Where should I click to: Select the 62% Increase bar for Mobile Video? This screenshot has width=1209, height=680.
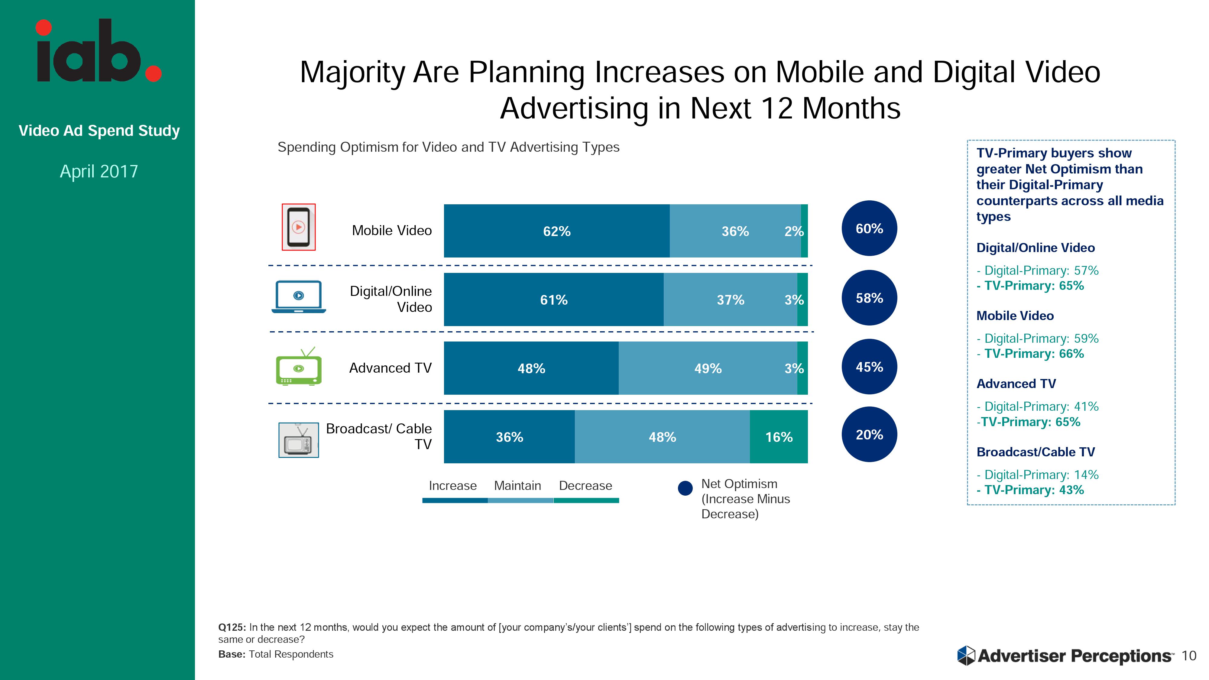click(x=557, y=231)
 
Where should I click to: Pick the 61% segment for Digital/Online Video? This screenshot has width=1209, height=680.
click(x=554, y=300)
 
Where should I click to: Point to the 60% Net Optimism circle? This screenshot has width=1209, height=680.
click(x=869, y=228)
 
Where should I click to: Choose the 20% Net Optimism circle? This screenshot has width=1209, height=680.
click(x=869, y=435)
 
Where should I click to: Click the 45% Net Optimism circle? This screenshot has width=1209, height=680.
click(x=869, y=367)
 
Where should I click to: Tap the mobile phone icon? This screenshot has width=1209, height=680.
click(x=299, y=227)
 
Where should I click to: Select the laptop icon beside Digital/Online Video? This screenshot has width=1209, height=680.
click(x=299, y=296)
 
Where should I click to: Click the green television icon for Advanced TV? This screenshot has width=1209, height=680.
click(x=299, y=367)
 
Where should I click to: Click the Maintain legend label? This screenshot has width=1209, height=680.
click(x=517, y=486)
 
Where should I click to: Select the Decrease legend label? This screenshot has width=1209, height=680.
click(x=585, y=486)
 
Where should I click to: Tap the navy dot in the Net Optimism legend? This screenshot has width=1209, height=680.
click(x=685, y=488)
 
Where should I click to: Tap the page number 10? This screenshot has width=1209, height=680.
click(x=1189, y=656)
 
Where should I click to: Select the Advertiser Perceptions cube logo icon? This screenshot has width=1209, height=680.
click(x=966, y=656)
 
